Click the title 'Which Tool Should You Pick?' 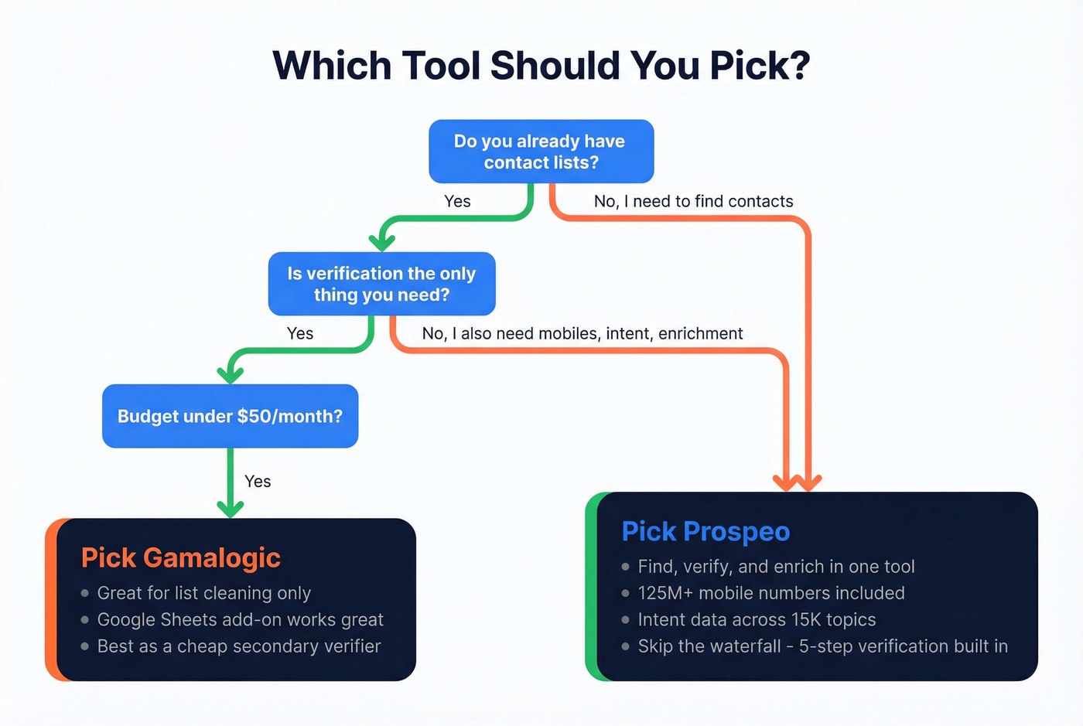pos(541,66)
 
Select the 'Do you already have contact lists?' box pos(541,152)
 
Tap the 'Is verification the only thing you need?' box pos(381,284)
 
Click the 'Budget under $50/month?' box pos(230,416)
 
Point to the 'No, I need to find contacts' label pos(693,201)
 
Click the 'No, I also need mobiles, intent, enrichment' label pos(582,333)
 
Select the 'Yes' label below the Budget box pos(258,481)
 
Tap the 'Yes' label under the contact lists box pos(457,201)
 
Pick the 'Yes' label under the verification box pos(300,333)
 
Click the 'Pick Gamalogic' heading pos(180,557)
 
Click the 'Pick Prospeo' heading pos(705,531)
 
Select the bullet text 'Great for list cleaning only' pos(203,593)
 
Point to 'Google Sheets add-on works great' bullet pos(240,619)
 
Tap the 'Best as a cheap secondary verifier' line pos(238,646)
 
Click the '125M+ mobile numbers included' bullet pos(770,593)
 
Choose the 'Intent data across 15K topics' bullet pos(757,619)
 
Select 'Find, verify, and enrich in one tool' pos(776,567)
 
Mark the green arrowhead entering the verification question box pos(381,242)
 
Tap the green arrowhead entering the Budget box pos(231,374)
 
